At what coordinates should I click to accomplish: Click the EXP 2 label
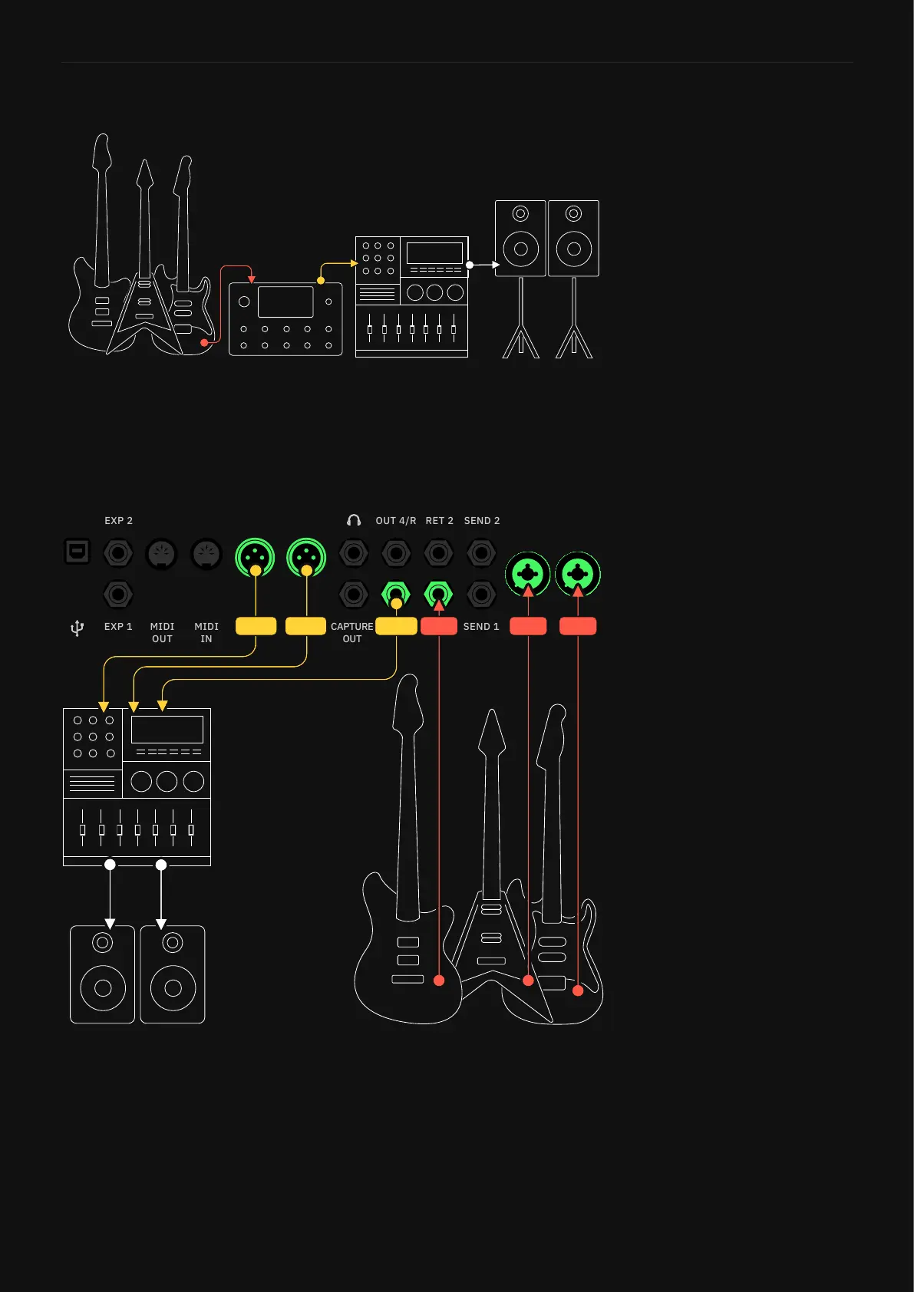(118, 521)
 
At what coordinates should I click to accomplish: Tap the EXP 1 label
(118, 627)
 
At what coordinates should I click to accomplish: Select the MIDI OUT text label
(162, 632)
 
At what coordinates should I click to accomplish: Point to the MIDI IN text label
(206, 632)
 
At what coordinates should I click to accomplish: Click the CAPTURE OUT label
(351, 632)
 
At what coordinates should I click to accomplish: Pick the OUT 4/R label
(395, 521)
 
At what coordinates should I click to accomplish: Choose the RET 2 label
(439, 521)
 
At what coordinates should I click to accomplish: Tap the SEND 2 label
(481, 521)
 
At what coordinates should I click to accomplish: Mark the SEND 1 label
(480, 627)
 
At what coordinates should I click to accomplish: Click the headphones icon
(354, 521)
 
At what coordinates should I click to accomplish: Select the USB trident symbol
(77, 629)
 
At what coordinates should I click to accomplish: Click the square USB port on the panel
(77, 552)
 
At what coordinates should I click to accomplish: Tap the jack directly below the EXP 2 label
(118, 553)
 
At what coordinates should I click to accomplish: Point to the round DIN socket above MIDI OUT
(162, 554)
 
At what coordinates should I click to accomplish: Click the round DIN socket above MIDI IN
(206, 554)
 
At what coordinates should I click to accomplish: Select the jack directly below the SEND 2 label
(481, 553)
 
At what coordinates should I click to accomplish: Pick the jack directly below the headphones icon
(354, 553)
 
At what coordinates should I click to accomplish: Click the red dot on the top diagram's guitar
(204, 342)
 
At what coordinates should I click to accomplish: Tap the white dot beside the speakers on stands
(470, 265)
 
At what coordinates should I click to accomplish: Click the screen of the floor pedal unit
(285, 302)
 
